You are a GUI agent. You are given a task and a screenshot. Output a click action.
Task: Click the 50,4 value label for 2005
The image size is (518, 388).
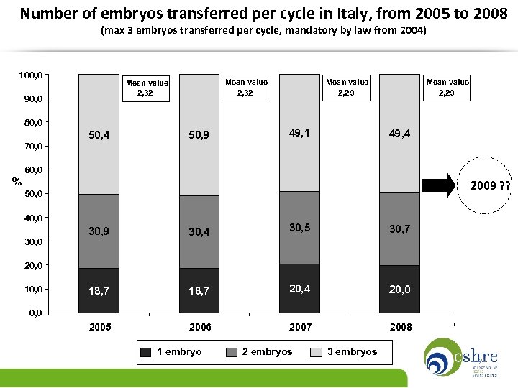pyautogui.click(x=100, y=134)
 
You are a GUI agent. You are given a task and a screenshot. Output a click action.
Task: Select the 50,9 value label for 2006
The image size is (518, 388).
pyautogui.click(x=200, y=134)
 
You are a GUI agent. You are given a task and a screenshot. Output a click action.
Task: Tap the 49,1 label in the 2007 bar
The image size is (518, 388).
pyautogui.click(x=301, y=133)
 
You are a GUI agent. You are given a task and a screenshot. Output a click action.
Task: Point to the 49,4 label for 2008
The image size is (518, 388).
pyautogui.click(x=400, y=133)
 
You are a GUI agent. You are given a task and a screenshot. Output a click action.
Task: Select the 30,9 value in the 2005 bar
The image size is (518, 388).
pyautogui.click(x=100, y=231)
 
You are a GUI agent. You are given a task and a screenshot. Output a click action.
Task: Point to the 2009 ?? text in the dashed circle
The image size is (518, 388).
pyautogui.click(x=491, y=187)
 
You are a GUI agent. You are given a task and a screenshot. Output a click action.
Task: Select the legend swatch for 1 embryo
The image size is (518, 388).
pyautogui.click(x=145, y=352)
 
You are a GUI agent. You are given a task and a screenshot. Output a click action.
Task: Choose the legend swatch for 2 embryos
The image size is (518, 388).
pyautogui.click(x=232, y=352)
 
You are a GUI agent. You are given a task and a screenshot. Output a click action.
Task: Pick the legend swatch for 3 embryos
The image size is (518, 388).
pyautogui.click(x=316, y=352)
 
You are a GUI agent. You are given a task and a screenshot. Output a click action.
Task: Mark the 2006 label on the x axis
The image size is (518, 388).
pyautogui.click(x=200, y=327)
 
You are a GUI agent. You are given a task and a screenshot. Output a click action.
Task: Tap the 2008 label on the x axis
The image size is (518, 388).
pyautogui.click(x=401, y=327)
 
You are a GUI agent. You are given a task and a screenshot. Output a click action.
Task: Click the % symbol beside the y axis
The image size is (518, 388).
pyautogui.click(x=16, y=181)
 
